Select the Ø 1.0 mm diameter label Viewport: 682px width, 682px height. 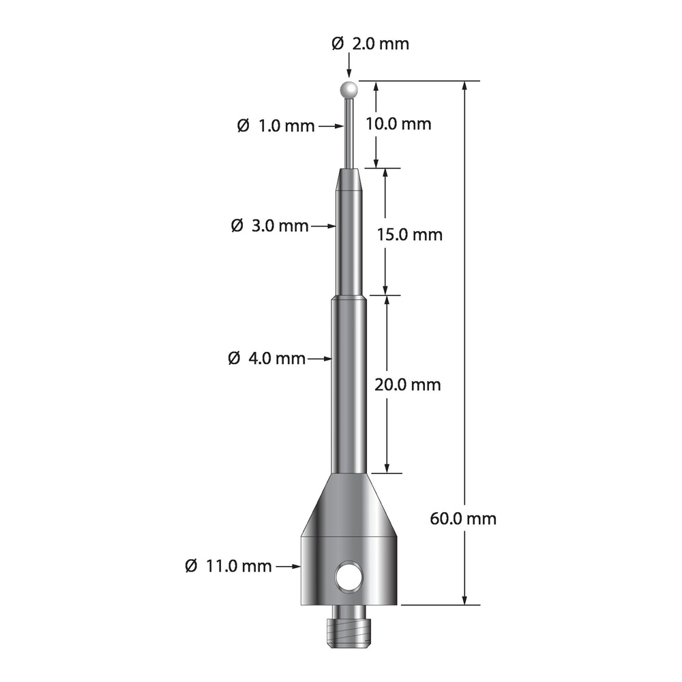[x=276, y=125]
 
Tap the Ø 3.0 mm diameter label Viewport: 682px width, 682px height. [x=269, y=225]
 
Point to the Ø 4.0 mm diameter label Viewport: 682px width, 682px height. [x=267, y=357]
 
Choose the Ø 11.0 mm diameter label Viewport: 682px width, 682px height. [x=228, y=565]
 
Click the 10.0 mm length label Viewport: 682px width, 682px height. [x=408, y=124]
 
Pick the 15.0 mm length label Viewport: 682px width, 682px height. [x=409, y=235]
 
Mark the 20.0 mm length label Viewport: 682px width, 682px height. [x=408, y=385]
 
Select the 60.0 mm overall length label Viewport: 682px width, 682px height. [x=464, y=518]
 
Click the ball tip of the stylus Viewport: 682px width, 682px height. [x=349, y=89]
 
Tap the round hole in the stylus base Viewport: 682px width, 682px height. [x=349, y=577]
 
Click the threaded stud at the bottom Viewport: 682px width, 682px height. [x=349, y=625]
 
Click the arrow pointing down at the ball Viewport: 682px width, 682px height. [x=349, y=68]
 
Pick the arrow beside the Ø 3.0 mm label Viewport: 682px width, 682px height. [x=324, y=225]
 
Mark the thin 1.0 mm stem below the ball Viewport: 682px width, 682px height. [x=350, y=133]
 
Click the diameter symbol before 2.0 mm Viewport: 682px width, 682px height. [x=338, y=44]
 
